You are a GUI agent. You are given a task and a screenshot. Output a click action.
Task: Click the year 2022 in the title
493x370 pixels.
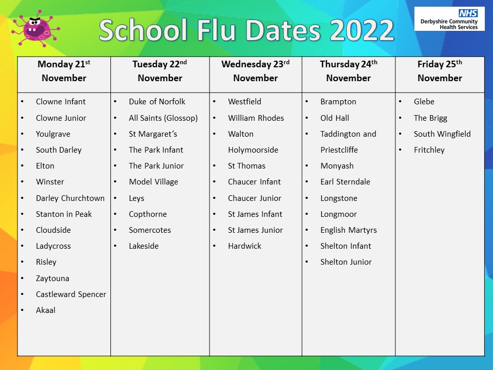tap(362, 30)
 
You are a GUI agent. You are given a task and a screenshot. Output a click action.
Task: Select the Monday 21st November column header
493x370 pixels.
tap(64, 71)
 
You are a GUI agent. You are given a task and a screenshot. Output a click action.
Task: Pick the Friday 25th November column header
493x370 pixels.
tap(440, 71)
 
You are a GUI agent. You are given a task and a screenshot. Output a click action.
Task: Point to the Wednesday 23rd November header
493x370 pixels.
tap(255, 71)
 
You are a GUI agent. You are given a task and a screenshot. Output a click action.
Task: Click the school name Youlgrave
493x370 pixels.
tap(53, 134)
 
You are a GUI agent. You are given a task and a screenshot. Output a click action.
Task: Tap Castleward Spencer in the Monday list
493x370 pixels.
tap(71, 294)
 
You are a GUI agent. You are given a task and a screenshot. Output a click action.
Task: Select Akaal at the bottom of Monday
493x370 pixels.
tap(46, 310)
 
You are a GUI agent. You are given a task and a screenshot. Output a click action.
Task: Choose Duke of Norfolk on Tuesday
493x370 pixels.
tap(157, 101)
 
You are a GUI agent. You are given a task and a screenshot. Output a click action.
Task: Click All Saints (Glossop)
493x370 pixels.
tap(163, 118)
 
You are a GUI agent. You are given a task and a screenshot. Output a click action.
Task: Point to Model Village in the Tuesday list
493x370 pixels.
tap(153, 181)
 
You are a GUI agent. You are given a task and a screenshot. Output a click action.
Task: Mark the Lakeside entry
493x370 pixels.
tap(143, 246)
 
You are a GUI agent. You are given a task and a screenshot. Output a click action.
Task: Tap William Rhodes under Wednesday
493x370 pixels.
tap(256, 118)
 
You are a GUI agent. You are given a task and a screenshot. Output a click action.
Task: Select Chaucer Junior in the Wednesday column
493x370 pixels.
tap(255, 198)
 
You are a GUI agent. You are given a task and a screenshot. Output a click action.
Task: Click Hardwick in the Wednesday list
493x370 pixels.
tap(244, 246)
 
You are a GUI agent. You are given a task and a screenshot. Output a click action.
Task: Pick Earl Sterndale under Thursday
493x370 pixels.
tap(345, 181)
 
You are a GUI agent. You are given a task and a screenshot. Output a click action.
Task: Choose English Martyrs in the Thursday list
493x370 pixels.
tap(348, 230)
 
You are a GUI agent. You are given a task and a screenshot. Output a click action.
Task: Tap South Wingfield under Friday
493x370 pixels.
tap(442, 134)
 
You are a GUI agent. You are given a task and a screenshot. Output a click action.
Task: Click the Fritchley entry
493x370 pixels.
tap(429, 150)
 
